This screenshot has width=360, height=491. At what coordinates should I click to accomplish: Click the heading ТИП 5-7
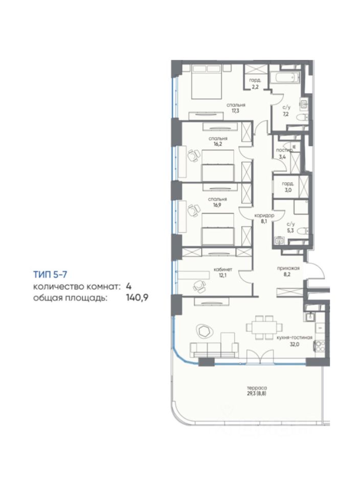50,275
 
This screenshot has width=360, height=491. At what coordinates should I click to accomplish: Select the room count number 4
128,286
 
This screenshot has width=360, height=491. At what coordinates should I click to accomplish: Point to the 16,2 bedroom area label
218,144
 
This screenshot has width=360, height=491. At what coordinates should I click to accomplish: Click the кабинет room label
223,270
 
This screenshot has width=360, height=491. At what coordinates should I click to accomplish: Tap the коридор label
264,215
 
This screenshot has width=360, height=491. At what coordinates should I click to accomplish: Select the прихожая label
288,268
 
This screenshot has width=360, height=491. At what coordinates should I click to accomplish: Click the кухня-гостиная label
295,337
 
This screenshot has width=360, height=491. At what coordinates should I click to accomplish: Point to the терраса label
256,388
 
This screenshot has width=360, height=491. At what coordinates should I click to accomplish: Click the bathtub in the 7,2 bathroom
284,77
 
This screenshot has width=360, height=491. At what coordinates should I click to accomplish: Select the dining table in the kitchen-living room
264,327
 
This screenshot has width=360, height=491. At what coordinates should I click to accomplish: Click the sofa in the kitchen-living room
214,350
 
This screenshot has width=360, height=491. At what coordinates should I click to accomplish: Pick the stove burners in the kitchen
319,346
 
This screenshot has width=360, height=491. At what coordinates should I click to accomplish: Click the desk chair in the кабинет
199,285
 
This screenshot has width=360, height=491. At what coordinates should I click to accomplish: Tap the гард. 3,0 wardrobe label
287,187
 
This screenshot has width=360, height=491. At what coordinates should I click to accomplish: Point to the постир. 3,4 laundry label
283,153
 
